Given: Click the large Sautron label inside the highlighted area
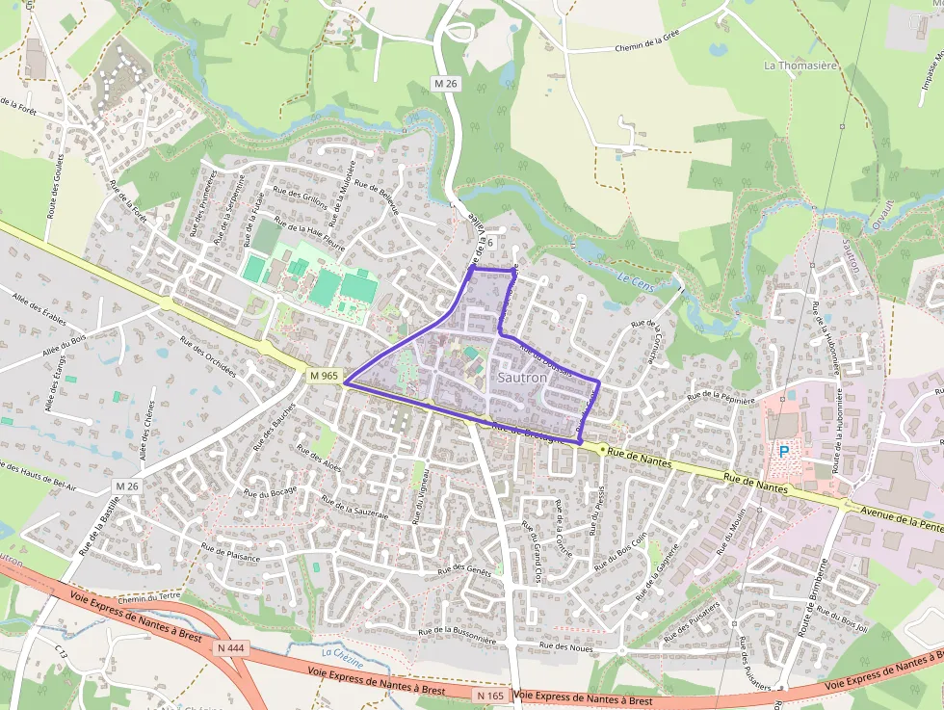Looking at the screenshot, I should coord(522,378).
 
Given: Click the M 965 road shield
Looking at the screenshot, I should coord(325,375).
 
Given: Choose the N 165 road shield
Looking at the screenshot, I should coord(489,694).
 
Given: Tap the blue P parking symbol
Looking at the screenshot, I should coord(783,450).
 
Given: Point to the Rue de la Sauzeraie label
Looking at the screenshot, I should coord(354,508).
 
